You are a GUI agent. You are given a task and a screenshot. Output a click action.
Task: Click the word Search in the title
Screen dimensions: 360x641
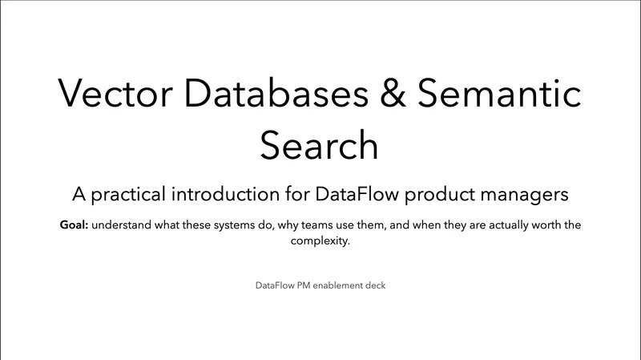point(320,145)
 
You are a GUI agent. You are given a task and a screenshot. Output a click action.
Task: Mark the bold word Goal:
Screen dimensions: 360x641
point(74,225)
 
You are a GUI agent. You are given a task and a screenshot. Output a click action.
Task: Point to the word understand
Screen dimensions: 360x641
point(125,225)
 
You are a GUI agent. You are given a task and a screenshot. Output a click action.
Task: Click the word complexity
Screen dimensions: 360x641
point(320,241)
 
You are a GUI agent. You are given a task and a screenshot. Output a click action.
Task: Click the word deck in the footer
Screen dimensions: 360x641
point(376,285)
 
